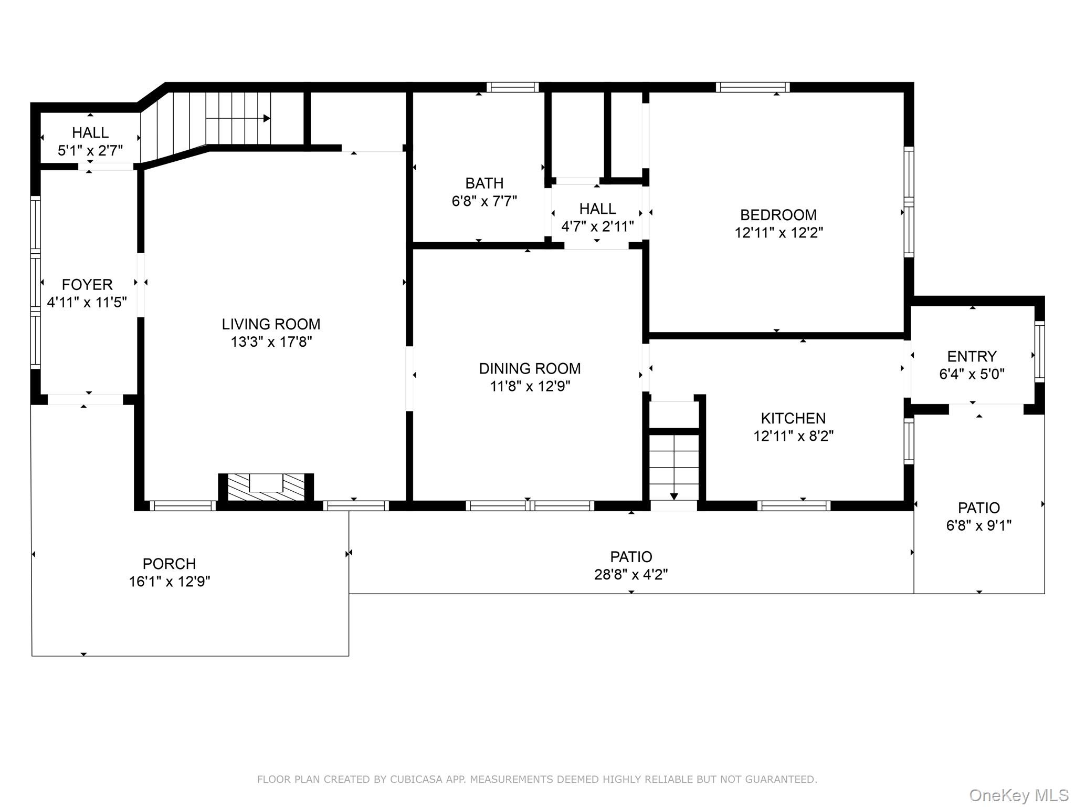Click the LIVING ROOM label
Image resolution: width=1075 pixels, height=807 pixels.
point(271,324)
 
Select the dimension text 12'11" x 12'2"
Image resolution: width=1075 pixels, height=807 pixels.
point(778,233)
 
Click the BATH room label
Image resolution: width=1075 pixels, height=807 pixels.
point(484,183)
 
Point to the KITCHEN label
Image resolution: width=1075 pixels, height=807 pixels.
point(793,418)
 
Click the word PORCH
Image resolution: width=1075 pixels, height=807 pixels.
point(169,564)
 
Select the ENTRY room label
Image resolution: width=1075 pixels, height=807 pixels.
point(972,356)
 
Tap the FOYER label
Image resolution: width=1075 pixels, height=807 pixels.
point(87,285)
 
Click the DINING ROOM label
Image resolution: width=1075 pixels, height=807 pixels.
point(530,368)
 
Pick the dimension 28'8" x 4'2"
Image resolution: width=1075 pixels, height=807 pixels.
point(631,574)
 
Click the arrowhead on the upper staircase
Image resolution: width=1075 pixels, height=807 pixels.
point(267,119)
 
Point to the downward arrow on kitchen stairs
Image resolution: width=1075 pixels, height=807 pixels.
point(674,496)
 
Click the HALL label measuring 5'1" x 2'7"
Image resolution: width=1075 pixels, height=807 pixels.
point(90,132)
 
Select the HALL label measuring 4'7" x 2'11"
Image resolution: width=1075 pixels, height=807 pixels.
point(597,209)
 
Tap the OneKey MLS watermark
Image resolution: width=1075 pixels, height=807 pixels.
point(1018,795)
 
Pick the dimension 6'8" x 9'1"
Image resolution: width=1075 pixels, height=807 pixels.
point(978,525)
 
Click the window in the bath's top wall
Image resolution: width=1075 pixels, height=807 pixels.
point(512,87)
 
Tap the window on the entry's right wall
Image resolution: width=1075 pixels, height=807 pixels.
point(1039,351)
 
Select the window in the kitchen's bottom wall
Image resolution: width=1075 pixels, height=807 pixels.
point(794,506)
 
